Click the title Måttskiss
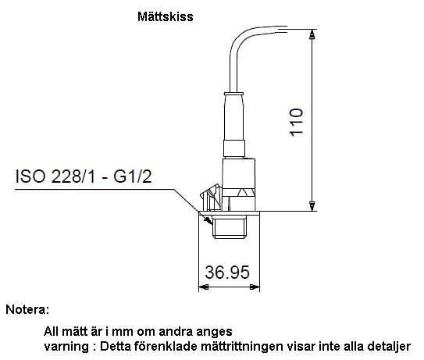[166, 16]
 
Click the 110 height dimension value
[297, 123]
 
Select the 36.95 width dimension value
[227, 272]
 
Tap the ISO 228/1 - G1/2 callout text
[84, 176]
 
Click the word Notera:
[27, 309]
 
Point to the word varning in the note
[66, 347]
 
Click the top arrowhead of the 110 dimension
[312, 34]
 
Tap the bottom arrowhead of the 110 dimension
[312, 206]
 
